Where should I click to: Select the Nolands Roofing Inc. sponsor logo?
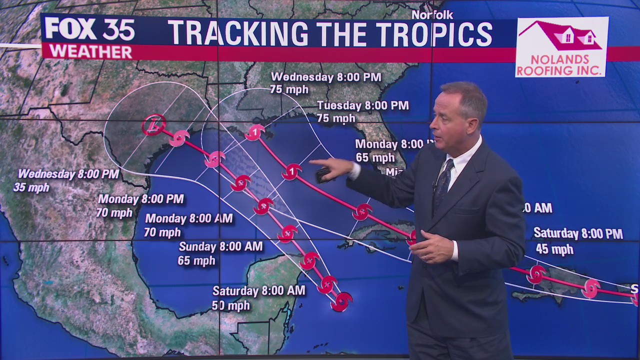click(561, 47)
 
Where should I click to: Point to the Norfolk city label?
click(432, 15)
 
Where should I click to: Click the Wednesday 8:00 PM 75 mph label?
click(325, 83)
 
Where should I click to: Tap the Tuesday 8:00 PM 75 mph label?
click(362, 111)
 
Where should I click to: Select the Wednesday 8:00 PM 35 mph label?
click(68, 180)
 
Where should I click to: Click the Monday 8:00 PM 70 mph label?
click(140, 205)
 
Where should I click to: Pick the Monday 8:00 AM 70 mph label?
click(188, 225)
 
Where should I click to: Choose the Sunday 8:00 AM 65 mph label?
click(220, 253)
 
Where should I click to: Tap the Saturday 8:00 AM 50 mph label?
click(258, 297)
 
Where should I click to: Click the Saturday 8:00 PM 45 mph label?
click(578, 240)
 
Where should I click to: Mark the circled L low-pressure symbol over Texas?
click(153, 125)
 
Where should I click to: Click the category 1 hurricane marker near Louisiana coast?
click(255, 132)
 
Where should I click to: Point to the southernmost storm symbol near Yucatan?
click(341, 301)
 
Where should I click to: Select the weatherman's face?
click(457, 117)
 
